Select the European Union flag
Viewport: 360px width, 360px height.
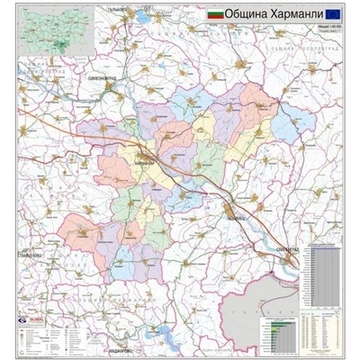click(x=333, y=14)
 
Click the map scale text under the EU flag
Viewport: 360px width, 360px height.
click(x=334, y=28)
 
